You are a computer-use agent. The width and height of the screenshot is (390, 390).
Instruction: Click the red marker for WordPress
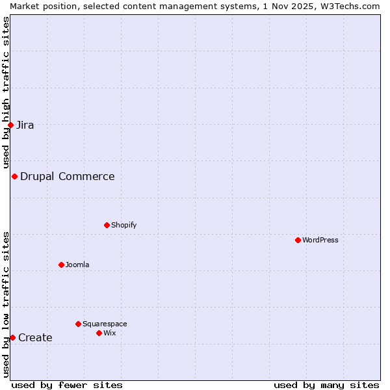tap(298, 240)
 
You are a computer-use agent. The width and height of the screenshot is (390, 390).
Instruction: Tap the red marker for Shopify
tap(107, 225)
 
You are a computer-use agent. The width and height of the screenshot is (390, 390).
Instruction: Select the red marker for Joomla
tap(61, 265)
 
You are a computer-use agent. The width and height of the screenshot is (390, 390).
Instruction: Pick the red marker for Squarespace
tap(78, 324)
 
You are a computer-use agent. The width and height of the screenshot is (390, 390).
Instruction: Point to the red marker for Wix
tap(99, 333)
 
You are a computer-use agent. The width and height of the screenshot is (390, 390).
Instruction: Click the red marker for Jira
tap(10, 125)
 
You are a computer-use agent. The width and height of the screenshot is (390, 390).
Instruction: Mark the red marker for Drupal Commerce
tap(14, 176)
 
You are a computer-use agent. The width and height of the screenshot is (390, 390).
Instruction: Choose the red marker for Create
tap(12, 337)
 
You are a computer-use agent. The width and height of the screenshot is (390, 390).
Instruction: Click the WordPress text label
tap(320, 240)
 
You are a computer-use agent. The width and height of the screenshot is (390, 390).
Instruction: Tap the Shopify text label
tap(123, 225)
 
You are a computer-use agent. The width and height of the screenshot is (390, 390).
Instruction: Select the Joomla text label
tap(77, 265)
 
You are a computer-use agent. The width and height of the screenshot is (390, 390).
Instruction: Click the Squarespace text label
tap(105, 324)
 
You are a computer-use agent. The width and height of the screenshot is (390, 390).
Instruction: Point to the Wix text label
tap(109, 333)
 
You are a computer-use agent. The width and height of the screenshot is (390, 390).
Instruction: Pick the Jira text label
tap(25, 125)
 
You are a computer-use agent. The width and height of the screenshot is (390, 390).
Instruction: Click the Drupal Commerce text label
tap(68, 176)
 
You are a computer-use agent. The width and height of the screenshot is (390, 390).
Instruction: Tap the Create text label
tap(35, 337)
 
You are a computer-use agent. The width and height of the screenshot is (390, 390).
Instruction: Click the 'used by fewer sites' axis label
tap(67, 385)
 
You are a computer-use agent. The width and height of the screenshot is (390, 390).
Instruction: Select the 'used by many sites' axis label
tap(326, 385)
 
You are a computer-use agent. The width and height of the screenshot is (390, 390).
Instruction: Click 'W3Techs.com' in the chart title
tap(354, 6)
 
